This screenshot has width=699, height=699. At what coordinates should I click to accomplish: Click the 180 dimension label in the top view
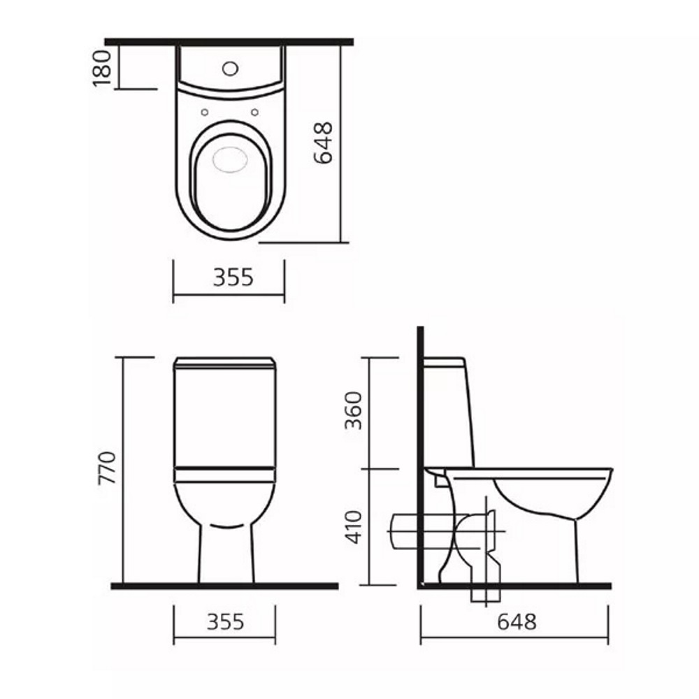pyautogui.click(x=102, y=69)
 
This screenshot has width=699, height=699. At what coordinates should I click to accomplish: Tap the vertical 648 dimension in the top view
pyautogui.click(x=324, y=143)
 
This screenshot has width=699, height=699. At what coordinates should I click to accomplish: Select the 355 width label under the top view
pyautogui.click(x=233, y=278)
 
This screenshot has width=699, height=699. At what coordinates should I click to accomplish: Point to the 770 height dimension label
pyautogui.click(x=107, y=468)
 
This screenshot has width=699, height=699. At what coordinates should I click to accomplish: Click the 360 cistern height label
pyautogui.click(x=354, y=410)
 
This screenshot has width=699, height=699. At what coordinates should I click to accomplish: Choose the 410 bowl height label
pyautogui.click(x=354, y=527)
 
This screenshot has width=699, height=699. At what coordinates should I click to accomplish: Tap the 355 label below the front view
pyautogui.click(x=226, y=622)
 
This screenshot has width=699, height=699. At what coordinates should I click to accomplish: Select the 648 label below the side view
pyautogui.click(x=517, y=622)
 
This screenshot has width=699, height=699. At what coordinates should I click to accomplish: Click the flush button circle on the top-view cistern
pyautogui.click(x=230, y=69)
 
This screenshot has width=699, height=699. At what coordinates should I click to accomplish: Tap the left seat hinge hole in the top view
pyautogui.click(x=205, y=113)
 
